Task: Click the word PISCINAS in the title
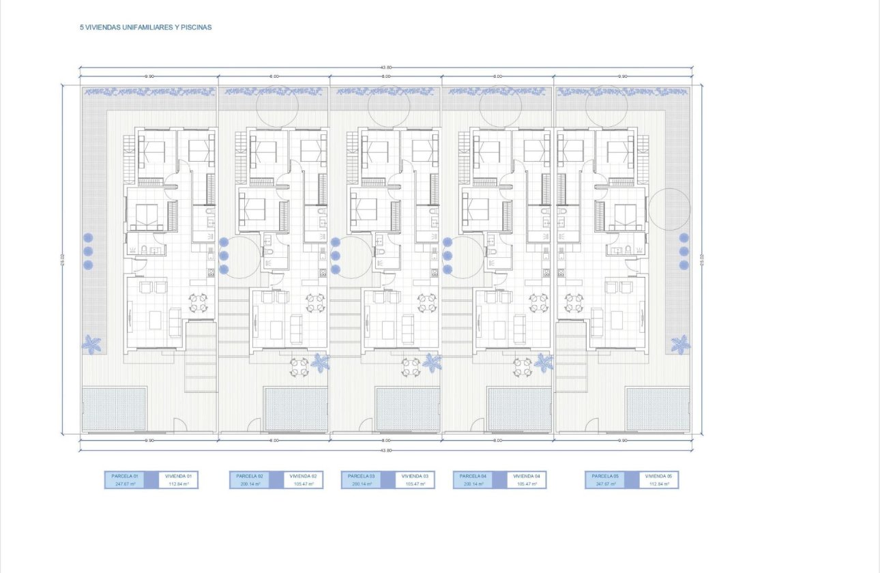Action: tap(198, 28)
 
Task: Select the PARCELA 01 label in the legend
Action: tap(125, 475)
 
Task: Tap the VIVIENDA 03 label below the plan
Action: tap(415, 475)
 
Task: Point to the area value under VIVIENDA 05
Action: tap(658, 484)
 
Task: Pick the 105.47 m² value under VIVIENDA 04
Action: tap(527, 484)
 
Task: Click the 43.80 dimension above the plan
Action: tap(386, 68)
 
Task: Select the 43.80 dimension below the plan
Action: tap(386, 450)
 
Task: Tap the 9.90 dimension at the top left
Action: tap(149, 76)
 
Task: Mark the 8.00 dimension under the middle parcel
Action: tap(386, 441)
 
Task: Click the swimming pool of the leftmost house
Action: tap(115, 409)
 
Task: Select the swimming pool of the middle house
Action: tap(408, 409)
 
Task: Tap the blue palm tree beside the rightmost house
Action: tap(679, 344)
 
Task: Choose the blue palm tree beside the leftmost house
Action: tap(91, 344)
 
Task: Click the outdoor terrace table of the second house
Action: tap(299, 367)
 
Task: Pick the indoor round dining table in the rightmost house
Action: tap(573, 302)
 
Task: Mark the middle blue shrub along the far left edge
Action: tap(88, 251)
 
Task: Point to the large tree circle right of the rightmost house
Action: tap(669, 209)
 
